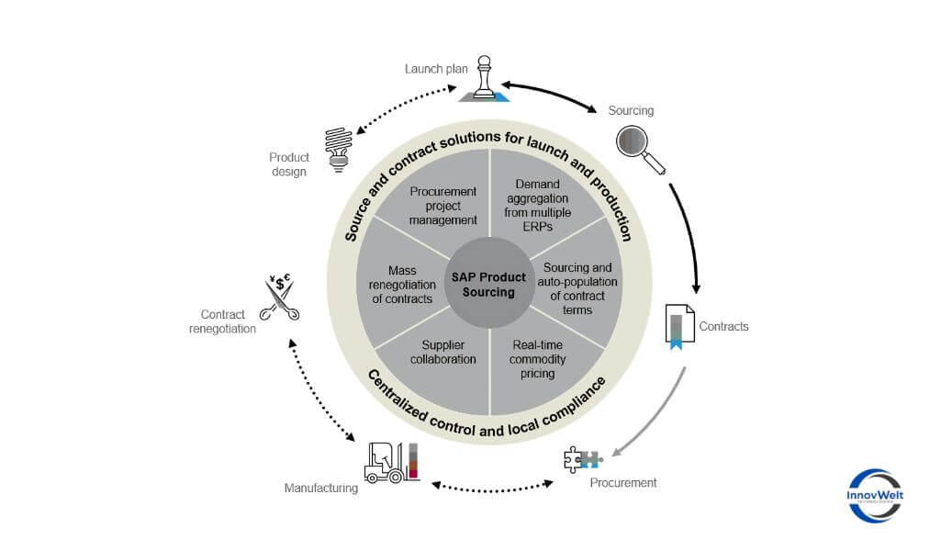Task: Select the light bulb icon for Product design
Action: pyautogui.click(x=339, y=149)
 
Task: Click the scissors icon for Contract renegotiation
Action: pyautogui.click(x=279, y=298)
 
